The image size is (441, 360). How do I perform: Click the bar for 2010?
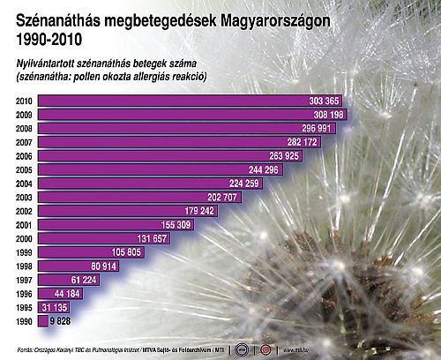[176, 101]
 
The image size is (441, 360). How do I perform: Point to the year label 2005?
[24, 169]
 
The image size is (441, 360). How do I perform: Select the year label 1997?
[24, 280]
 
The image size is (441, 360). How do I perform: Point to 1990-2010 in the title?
[49, 38]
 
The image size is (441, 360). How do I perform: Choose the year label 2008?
[24, 128]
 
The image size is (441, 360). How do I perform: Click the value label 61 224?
[83, 280]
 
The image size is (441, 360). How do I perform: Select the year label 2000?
[24, 238]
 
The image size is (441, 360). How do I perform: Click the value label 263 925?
[283, 156]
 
